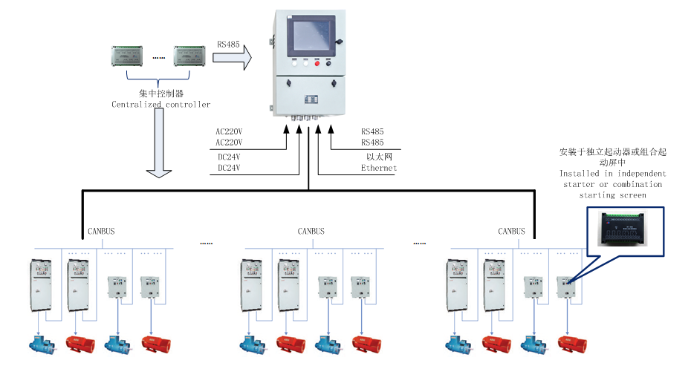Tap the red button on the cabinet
coord(317,65)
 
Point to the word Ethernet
coord(379,168)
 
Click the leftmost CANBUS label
coord(101,231)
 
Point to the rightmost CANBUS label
coord(511,231)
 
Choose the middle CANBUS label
coord(311,231)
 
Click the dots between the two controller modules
coord(158,56)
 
